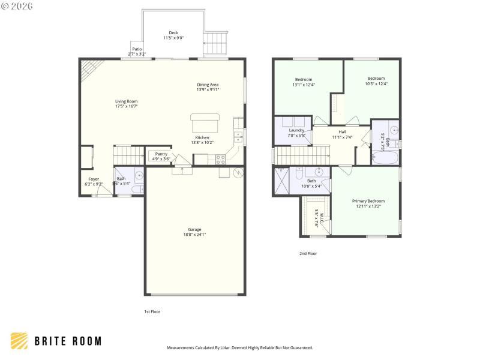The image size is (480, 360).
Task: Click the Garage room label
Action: pos(194,229)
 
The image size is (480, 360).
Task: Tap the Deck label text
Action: pos(173,33)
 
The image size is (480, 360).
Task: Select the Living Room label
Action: pos(127,101)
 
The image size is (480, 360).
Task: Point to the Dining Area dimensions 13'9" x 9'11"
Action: pos(208,89)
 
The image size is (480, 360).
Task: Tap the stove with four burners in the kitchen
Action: pos(220,159)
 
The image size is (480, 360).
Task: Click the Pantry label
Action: pos(161,154)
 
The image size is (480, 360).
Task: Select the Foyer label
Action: pos(94,179)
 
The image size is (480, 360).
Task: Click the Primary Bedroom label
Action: pos(368,201)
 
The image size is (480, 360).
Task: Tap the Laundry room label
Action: pos(297,130)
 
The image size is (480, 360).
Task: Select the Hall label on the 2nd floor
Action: pos(342,132)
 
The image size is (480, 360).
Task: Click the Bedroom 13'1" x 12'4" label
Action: pos(303,79)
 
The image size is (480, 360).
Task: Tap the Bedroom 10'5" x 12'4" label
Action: pos(376,79)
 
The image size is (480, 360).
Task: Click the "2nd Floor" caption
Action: pos(308,253)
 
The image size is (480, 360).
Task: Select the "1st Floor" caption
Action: pos(152,311)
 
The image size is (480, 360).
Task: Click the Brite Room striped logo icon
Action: pos(19,341)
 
